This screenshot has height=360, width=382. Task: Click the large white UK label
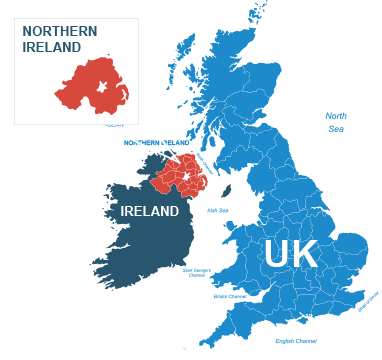[x=291, y=254]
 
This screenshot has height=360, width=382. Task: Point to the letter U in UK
[x=277, y=254]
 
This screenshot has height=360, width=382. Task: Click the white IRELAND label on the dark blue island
[x=149, y=212]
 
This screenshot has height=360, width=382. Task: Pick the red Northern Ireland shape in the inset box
[x=90, y=86]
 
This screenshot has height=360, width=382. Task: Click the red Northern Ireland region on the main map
[x=180, y=175]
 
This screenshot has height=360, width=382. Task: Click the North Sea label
[x=336, y=121]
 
